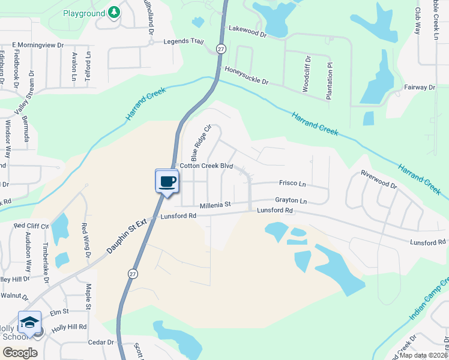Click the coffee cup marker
point(167,181)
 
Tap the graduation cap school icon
point(29,322)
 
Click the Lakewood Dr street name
point(246,31)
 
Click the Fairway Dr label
point(419,87)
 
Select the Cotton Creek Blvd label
point(206,165)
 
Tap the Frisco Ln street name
point(292,183)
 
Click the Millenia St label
point(215,205)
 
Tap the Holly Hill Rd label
point(69,327)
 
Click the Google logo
point(20,353)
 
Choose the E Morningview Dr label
point(38,45)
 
